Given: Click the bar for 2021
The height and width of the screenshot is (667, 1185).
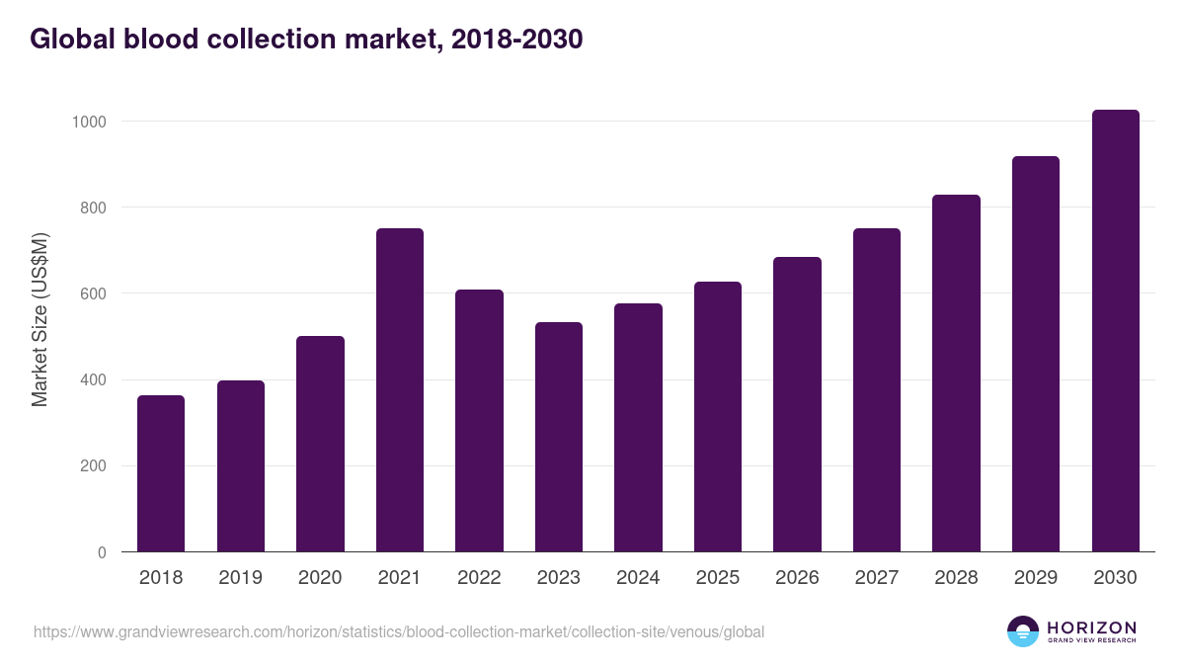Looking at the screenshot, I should (x=400, y=390).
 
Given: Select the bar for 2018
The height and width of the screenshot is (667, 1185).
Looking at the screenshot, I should (x=161, y=473).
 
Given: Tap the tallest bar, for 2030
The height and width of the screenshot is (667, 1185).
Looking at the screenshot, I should (x=1115, y=331).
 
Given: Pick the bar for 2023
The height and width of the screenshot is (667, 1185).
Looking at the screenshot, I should (x=559, y=437).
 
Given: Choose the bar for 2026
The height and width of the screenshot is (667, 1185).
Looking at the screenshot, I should (x=797, y=404).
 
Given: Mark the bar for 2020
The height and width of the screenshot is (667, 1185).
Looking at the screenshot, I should (x=320, y=444).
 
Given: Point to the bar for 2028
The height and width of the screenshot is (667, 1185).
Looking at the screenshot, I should (x=956, y=374).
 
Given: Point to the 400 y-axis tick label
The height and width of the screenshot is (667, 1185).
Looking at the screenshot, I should (x=94, y=380).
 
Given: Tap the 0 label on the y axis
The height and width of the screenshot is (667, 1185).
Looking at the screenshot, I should (x=103, y=552).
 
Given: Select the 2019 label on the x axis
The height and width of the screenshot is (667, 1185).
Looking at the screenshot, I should (x=241, y=578).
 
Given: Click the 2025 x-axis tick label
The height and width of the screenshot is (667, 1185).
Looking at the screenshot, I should (x=718, y=578).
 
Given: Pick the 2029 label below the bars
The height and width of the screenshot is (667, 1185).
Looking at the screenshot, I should (x=1036, y=578).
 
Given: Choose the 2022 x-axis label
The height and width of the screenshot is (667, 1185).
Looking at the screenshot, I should (x=479, y=578).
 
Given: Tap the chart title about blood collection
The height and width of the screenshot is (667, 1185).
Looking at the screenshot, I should (x=307, y=40).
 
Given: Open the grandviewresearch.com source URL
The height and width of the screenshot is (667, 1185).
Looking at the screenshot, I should (x=399, y=631).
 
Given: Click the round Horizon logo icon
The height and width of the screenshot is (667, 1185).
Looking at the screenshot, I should (x=1023, y=631).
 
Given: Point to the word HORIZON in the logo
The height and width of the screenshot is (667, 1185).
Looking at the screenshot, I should (x=1091, y=627).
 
